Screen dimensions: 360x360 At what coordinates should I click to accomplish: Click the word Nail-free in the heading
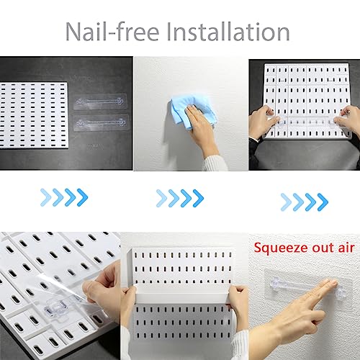click(x=112, y=32)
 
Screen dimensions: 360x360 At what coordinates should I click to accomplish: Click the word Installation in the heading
click(x=228, y=32)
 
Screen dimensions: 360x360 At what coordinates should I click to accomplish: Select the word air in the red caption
click(x=346, y=248)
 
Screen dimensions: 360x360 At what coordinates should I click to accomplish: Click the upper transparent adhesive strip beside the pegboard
click(x=100, y=102)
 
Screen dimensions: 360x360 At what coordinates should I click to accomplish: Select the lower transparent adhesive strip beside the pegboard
click(x=101, y=123)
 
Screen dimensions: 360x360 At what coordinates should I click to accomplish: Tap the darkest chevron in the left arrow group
click(x=83, y=197)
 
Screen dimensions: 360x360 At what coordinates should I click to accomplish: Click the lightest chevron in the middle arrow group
click(x=161, y=198)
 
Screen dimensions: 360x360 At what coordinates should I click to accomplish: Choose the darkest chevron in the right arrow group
click(x=323, y=202)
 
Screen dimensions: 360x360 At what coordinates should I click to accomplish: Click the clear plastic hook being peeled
click(x=55, y=308)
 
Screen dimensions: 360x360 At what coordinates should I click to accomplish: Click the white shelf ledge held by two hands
click(x=181, y=294)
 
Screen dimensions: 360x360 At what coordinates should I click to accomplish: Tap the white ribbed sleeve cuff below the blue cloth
click(x=215, y=164)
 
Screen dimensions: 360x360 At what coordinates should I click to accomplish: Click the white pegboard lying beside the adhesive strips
click(x=34, y=115)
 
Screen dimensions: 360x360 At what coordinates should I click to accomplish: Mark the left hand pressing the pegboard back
click(x=264, y=122)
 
